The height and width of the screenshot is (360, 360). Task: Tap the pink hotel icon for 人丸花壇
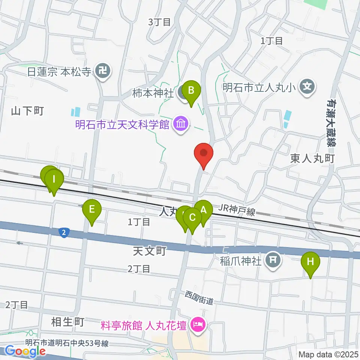(x=197, y=324)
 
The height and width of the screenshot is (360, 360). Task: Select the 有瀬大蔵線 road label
(x=331, y=122)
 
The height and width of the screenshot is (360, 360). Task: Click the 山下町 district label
(x=28, y=111)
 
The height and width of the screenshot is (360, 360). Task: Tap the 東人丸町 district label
(x=312, y=159)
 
